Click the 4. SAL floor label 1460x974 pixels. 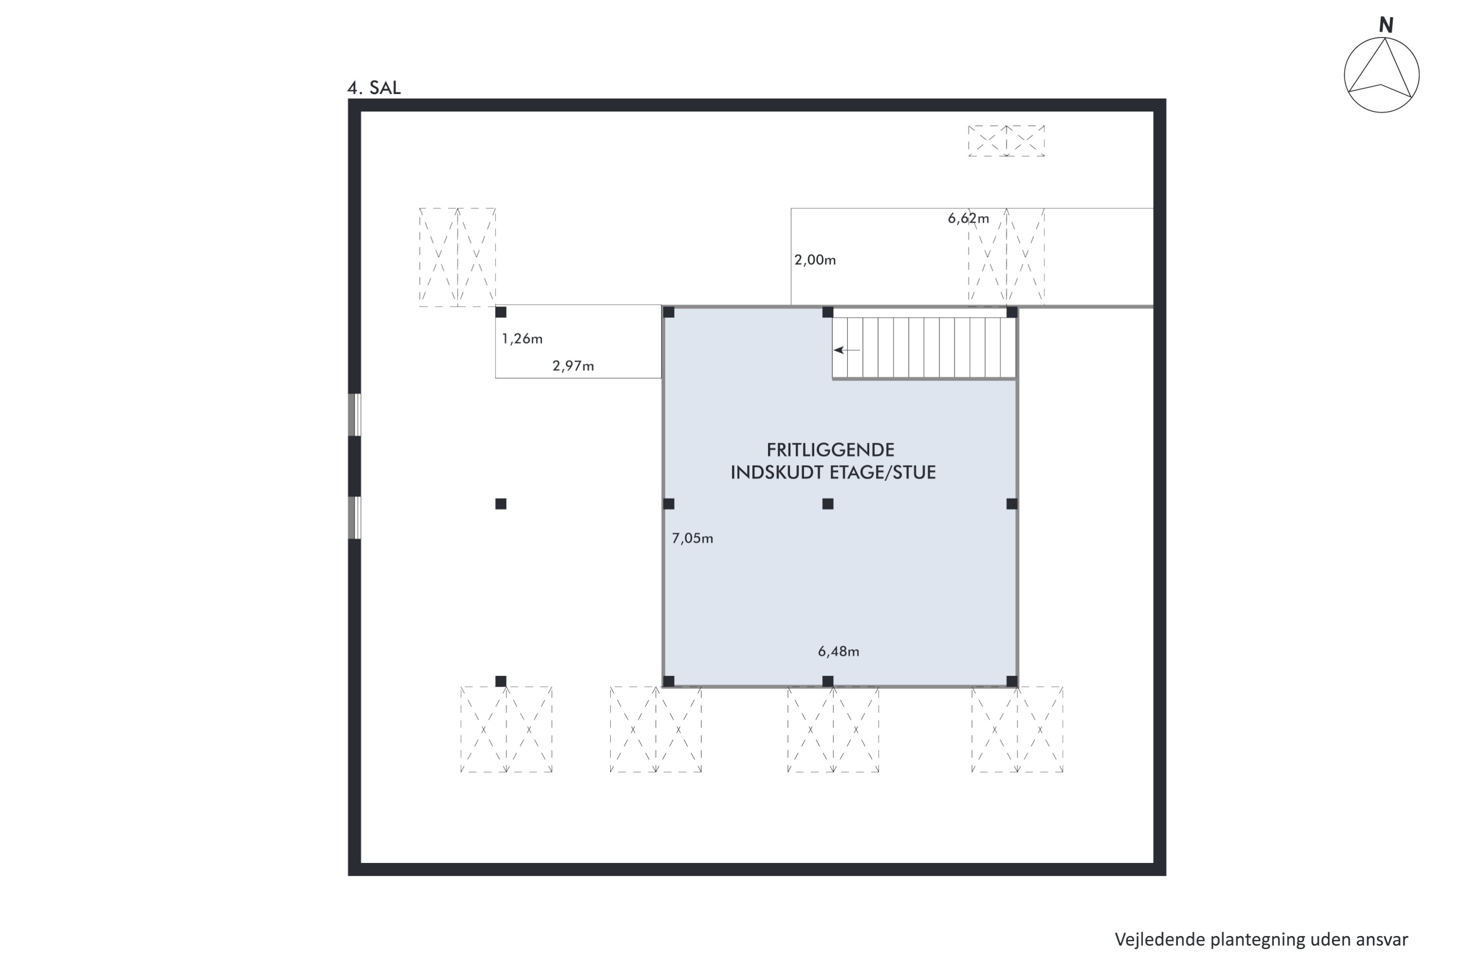374,88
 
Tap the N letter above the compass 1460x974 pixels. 1386,25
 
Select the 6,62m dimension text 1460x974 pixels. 968,219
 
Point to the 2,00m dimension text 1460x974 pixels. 815,260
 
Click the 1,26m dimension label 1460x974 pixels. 522,339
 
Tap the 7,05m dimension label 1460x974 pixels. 692,539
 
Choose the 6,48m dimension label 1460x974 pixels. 838,652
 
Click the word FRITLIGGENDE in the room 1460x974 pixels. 830,450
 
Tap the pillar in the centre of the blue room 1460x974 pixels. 827,504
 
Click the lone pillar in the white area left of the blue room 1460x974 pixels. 501,504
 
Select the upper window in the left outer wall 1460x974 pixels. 354,415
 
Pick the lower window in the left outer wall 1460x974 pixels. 354,517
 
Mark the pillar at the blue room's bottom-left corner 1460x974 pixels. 669,681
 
